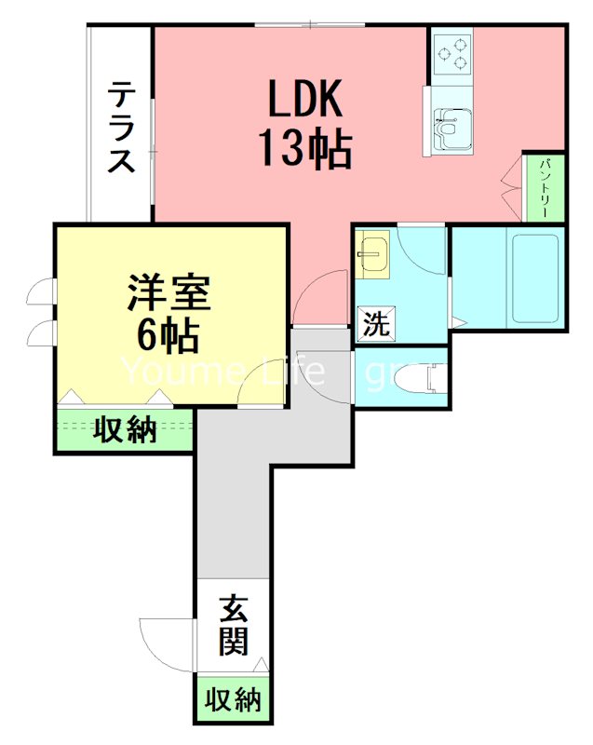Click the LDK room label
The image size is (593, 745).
tap(306, 98)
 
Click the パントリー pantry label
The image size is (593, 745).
tap(545, 187)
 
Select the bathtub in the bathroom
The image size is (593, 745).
tap(533, 278)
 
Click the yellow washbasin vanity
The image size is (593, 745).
tap(374, 254)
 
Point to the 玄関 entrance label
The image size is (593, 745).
tap(233, 626)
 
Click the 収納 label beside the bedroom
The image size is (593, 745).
tap(124, 431)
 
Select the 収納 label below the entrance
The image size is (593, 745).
tap(233, 699)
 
